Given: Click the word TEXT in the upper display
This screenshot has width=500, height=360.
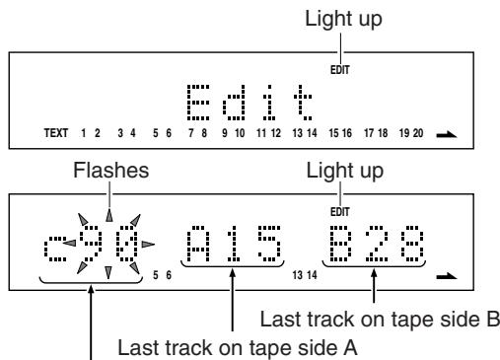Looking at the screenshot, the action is tap(56, 133).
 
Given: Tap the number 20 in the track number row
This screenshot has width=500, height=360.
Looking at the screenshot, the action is tap(418, 133).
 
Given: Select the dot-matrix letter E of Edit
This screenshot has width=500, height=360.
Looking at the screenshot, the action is tap(198, 103).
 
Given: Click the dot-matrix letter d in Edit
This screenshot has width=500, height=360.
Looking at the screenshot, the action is tap(234, 103).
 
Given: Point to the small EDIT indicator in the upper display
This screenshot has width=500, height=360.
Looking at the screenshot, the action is tap(340, 70).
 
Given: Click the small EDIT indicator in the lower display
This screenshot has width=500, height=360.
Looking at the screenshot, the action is tap(340, 212).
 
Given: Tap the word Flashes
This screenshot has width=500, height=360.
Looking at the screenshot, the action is tap(111, 171).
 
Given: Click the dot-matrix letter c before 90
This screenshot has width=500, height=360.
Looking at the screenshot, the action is tap(55, 249).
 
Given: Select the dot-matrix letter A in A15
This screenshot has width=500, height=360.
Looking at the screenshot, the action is tap(198, 244).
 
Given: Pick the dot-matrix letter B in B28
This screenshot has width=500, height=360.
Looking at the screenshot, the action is tap(340, 244).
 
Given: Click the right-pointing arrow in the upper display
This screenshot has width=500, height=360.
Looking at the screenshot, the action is tap(447, 134).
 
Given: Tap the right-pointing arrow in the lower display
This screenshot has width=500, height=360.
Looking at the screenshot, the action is tap(447, 276).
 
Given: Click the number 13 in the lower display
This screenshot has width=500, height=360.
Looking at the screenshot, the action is tap(297, 275).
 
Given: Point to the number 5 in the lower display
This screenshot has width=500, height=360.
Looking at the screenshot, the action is tap(156, 275).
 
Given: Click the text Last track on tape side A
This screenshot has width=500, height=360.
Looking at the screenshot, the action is tap(238, 347).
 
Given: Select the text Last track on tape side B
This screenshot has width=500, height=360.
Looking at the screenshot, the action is tap(380, 320).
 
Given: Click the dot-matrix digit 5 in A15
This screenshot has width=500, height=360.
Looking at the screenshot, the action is tap(269, 244).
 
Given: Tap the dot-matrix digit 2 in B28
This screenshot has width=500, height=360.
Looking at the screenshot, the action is tap(376, 244).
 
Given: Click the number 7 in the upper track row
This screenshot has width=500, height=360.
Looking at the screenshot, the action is tap(190, 133).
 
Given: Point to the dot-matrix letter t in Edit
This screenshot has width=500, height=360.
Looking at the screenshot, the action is tap(303, 103).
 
